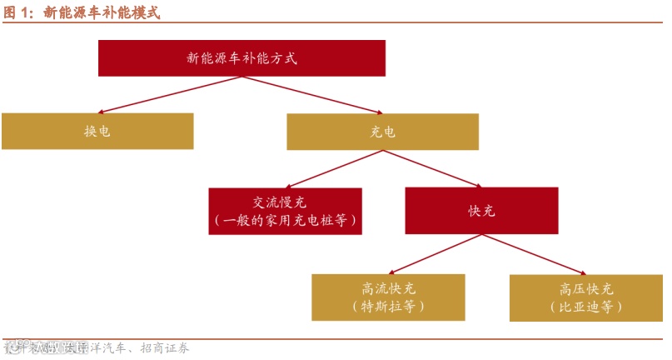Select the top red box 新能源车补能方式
241,58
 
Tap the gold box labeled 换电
97,132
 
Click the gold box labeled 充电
382,132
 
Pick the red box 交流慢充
285,211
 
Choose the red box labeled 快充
481,211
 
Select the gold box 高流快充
388,297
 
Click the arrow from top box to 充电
312,95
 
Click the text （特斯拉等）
388,307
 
